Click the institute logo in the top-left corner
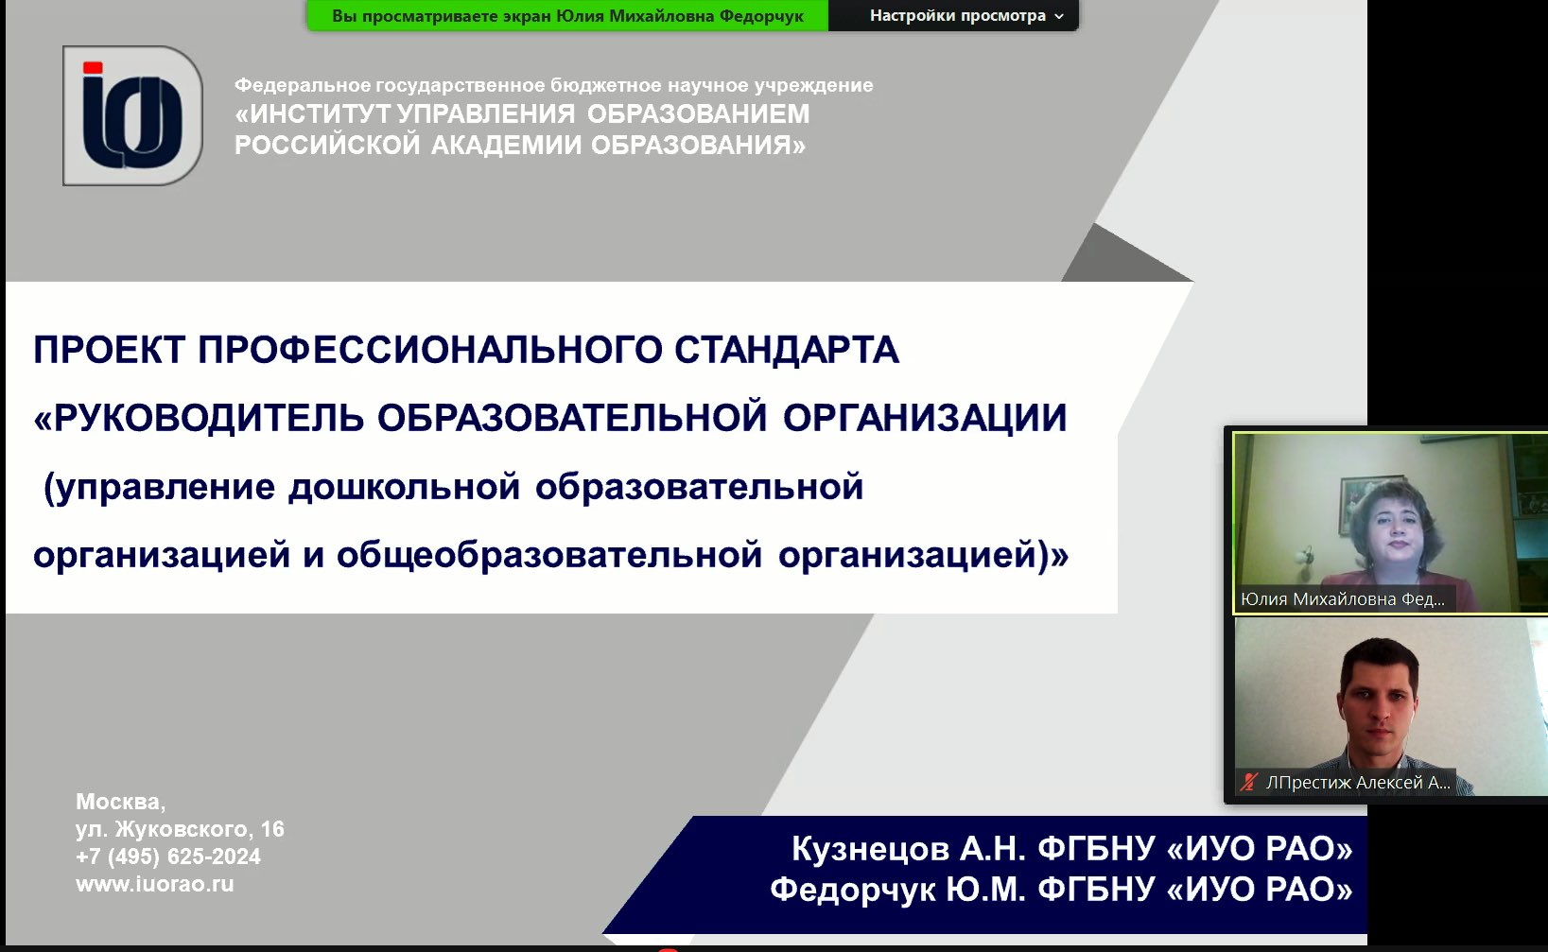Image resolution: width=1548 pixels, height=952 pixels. tap(132, 115)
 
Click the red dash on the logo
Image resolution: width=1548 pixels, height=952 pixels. tap(93, 67)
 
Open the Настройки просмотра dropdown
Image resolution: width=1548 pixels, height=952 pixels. tap(965, 16)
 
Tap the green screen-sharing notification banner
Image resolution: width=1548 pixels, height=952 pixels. tap(567, 16)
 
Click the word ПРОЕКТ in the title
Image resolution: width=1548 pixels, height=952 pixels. tap(109, 351)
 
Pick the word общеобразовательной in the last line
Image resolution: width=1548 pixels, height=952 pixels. tap(548, 555)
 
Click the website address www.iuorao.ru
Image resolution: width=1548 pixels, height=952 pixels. tap(154, 885)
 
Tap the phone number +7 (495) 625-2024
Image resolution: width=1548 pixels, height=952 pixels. tap(167, 857)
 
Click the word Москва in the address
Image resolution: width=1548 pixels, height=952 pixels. tap(119, 802)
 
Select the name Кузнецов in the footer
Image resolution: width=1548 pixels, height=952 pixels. tap(870, 849)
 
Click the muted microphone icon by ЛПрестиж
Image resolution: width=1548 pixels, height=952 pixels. tap(1249, 782)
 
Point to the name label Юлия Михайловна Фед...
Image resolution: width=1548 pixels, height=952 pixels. tap(1343, 599)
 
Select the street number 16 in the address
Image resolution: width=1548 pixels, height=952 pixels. tap(272, 829)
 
